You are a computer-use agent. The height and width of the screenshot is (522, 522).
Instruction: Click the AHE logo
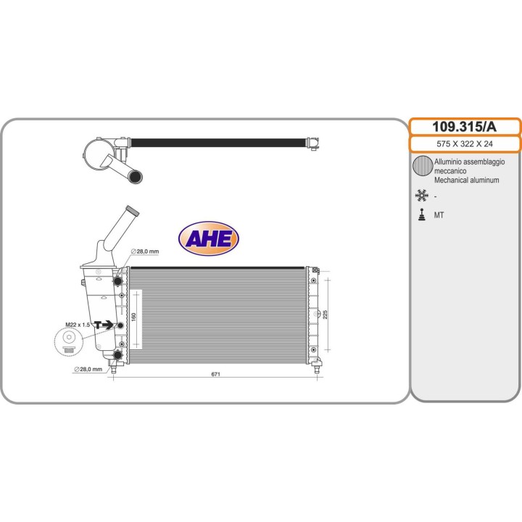[209, 238]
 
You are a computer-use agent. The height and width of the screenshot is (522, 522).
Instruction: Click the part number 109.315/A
[465, 126]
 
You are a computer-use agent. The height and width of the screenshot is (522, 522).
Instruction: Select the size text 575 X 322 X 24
[465, 144]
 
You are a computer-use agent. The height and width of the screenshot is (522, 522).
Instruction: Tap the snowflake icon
[421, 195]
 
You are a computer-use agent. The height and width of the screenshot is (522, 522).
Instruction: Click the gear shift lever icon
[421, 215]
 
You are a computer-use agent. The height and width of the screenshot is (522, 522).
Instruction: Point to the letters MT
[439, 215]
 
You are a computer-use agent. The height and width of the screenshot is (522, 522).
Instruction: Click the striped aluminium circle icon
[422, 167]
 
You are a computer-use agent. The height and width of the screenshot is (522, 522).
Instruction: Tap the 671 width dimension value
[215, 374]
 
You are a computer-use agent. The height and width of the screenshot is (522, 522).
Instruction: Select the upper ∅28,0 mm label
[144, 251]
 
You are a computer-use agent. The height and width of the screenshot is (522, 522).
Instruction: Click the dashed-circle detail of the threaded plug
[69, 339]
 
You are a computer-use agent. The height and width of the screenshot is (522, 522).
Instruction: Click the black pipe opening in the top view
[136, 175]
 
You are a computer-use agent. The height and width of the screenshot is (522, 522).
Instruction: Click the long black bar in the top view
[217, 142]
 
